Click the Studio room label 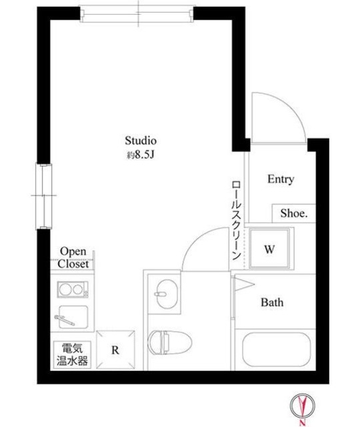coord(141,141)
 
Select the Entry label coord(281,179)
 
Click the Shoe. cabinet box coord(293,213)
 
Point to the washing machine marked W coord(270,250)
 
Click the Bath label coord(271,302)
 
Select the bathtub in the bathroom coord(275,348)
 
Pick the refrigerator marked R coord(115,350)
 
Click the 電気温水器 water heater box coord(71,355)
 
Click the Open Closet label coord(73,257)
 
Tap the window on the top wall coord(137,13)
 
